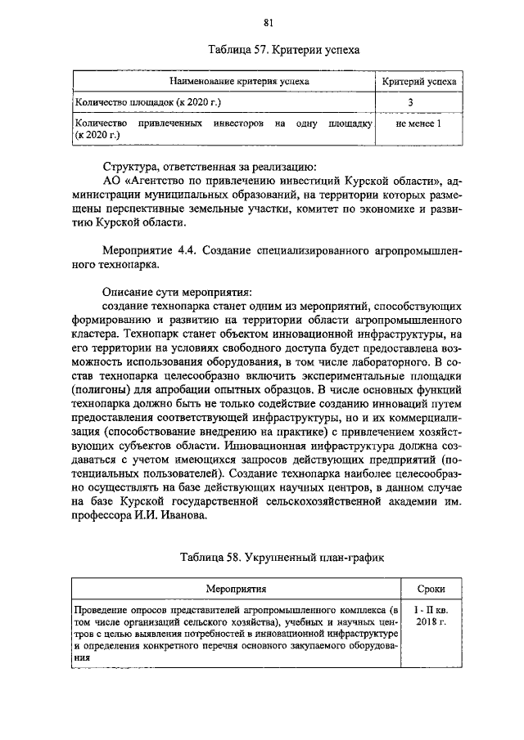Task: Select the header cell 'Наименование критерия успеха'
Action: pos(223,83)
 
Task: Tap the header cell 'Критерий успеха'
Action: pos(419,83)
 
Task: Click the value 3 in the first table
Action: pos(419,102)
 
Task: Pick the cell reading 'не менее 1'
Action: pos(418,123)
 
